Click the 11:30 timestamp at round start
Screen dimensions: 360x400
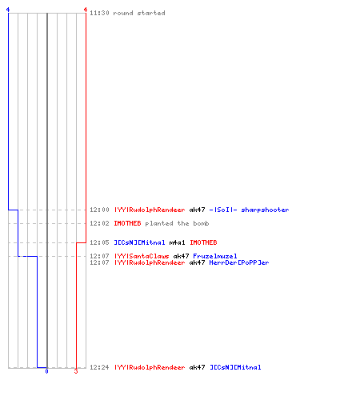(x=99, y=13)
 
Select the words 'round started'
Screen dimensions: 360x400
(x=139, y=13)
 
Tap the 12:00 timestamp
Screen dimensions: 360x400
(x=99, y=210)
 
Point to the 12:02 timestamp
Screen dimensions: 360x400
(x=99, y=223)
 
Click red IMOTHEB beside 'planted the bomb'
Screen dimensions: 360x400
(x=127, y=223)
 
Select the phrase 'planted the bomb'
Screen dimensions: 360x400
(x=177, y=223)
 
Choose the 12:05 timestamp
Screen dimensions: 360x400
(x=99, y=242)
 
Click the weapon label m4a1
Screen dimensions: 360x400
(x=177, y=242)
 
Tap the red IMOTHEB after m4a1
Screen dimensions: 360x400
(x=203, y=242)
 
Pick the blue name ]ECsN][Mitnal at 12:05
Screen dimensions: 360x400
(x=139, y=242)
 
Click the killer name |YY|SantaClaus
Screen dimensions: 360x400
(x=142, y=256)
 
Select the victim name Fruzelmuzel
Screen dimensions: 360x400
(x=215, y=256)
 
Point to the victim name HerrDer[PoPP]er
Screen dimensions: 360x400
(x=239, y=262)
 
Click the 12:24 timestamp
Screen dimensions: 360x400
(x=99, y=367)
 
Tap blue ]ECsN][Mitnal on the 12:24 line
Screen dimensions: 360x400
(x=235, y=367)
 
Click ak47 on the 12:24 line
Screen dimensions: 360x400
(x=197, y=367)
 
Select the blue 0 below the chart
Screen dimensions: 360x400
(x=46, y=371)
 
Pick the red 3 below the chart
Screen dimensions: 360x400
(x=76, y=371)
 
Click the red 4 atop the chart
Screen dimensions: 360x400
(x=86, y=10)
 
